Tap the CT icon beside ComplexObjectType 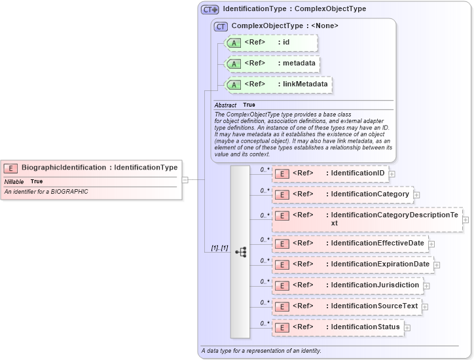pos(221,26)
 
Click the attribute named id pos(286,43)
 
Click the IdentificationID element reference pos(357,173)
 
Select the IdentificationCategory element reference pos(370,194)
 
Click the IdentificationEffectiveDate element pos(378,243)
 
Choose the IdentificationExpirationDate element pos(380,264)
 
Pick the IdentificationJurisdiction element pos(374,285)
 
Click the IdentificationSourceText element pos(374,306)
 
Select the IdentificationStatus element pos(365,327)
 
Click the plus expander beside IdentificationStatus pos(407,327)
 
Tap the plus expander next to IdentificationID pos(392,174)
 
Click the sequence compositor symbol pos(240,251)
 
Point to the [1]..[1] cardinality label pos(219,249)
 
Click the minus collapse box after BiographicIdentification pos(185,179)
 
